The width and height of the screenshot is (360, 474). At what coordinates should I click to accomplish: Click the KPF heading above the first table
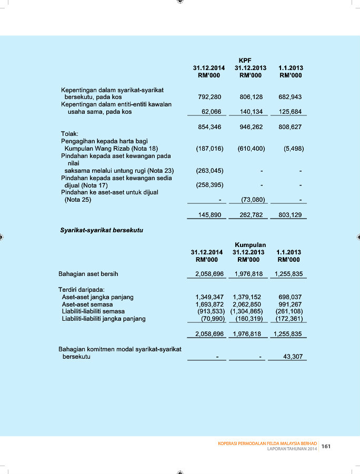[245, 61]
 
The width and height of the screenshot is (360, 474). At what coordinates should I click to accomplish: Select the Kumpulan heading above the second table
[250, 245]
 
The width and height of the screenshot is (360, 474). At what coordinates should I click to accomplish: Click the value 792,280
[209, 97]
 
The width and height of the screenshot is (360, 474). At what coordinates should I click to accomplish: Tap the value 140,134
[251, 112]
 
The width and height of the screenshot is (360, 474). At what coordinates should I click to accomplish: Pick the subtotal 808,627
[291, 127]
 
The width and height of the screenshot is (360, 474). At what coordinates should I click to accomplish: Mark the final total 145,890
[209, 214]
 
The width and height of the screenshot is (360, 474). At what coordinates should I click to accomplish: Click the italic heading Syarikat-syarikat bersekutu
[102, 231]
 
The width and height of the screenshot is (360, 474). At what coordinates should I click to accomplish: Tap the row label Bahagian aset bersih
[88, 274]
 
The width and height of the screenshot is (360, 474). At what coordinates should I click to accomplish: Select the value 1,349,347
[209, 297]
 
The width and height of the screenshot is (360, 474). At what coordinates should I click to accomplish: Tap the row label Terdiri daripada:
[82, 289]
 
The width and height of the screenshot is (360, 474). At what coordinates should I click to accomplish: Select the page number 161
[326, 447]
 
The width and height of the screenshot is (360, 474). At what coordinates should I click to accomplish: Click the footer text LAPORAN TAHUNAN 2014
[292, 449]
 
